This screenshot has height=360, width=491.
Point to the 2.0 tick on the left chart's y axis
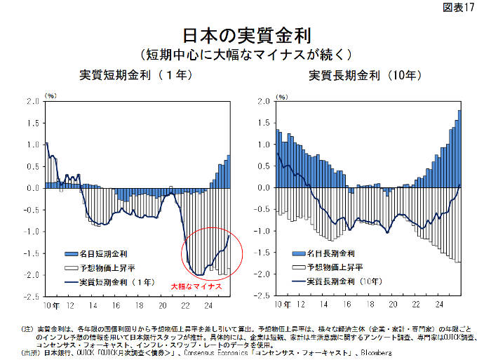point(32,101)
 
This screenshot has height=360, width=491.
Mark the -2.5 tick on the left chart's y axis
point(31,297)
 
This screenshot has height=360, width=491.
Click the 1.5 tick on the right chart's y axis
point(263,123)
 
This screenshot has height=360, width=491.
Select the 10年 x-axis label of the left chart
point(51,305)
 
